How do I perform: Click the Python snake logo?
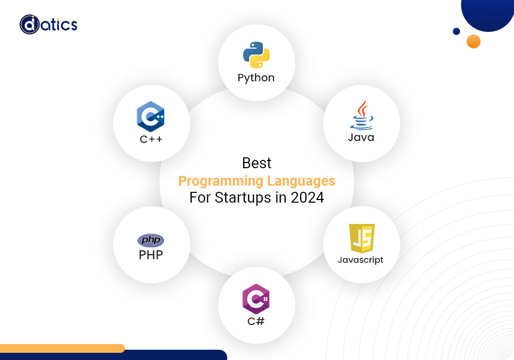256,55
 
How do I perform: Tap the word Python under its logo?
256,78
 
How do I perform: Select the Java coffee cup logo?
361,115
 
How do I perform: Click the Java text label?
361,137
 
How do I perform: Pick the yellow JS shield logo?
362,238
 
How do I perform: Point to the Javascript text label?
361,260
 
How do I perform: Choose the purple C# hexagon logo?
256,299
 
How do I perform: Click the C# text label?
256,321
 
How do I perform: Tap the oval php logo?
151,240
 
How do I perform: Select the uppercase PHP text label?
151,255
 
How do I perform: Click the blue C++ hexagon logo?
151,116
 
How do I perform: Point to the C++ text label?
151,139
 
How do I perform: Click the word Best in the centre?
256,163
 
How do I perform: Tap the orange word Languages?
301,182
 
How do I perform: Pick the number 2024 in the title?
307,197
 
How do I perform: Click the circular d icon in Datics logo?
29,24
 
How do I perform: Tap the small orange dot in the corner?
474,41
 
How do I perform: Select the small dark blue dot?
456,31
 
